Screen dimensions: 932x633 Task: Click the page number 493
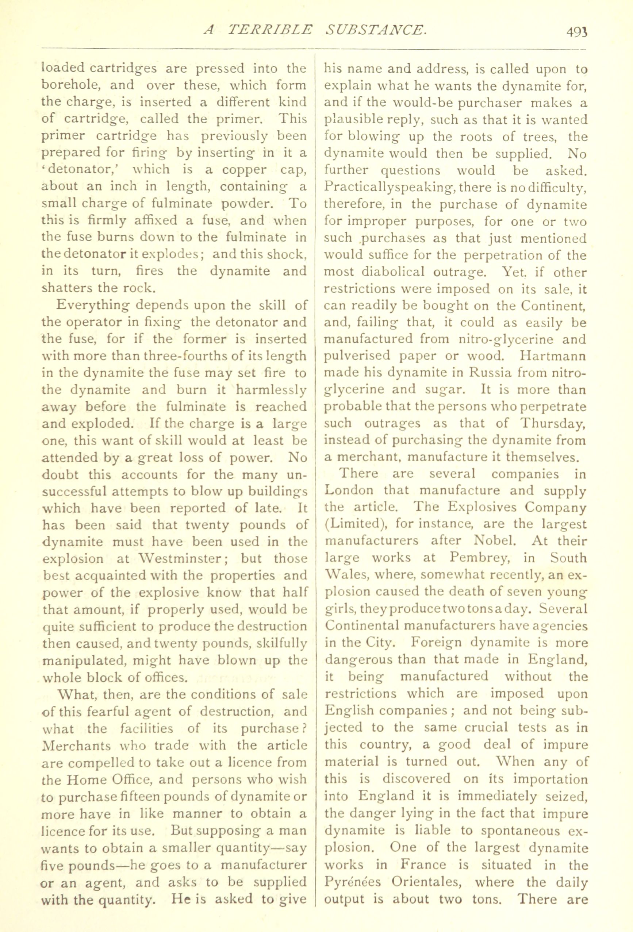(577, 32)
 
